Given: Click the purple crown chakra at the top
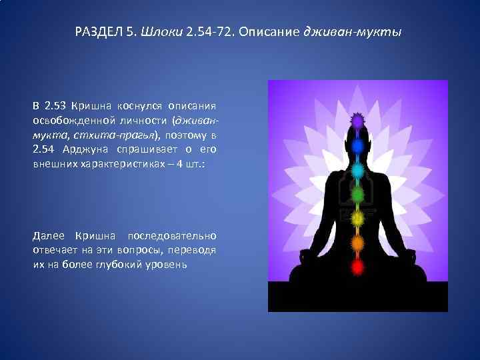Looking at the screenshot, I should [358, 121].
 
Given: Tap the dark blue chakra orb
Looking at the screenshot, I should [358, 145].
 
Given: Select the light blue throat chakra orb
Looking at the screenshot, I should [358, 170].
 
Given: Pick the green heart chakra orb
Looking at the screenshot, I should [358, 195].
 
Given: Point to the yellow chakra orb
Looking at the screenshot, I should [358, 219].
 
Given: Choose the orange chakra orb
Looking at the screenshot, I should [358, 242].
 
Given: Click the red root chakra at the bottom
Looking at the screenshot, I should [358, 267].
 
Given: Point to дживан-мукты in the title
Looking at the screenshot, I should [353, 31].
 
